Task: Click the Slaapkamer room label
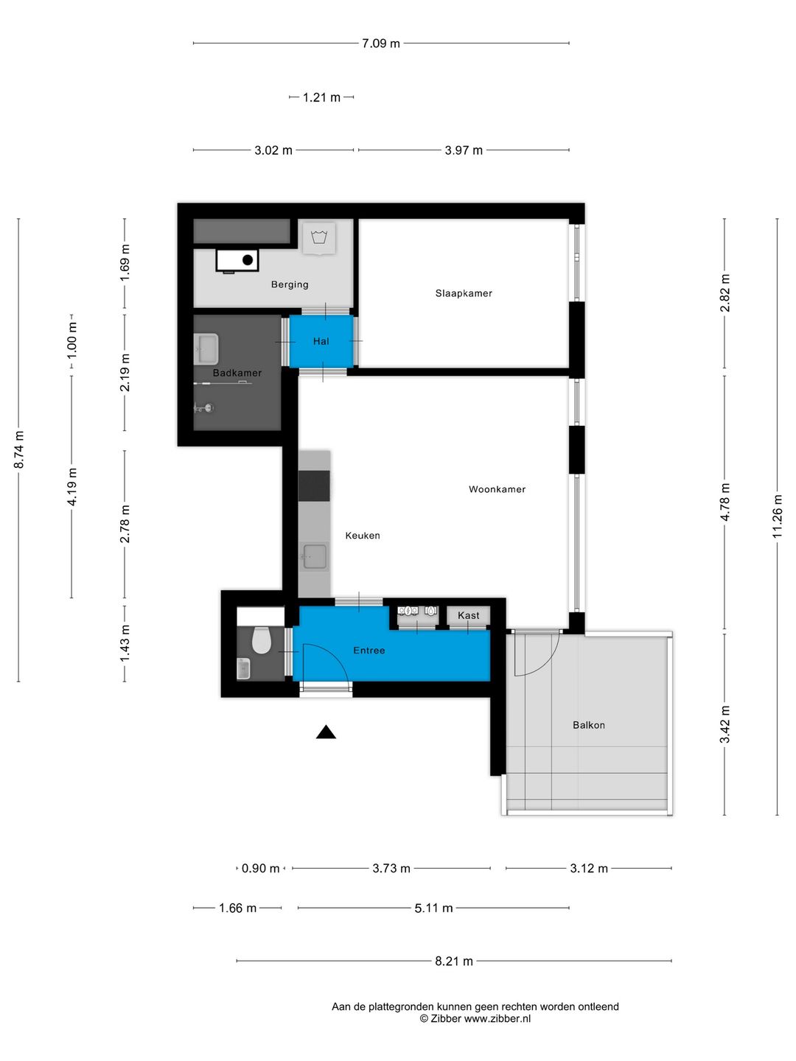464,293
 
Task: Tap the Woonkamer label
497,489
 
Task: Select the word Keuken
363,536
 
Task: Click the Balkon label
588,725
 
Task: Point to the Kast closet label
468,615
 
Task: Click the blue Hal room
321,341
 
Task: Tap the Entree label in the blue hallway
369,651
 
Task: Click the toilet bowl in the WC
262,640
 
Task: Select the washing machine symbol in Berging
319,238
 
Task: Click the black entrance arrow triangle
326,732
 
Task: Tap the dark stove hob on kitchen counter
314,486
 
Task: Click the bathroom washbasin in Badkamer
206,349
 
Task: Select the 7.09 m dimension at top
380,43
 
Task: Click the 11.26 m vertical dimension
778,516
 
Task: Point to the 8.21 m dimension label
453,961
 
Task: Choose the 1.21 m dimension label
321,97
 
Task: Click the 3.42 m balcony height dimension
725,724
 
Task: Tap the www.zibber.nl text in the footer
497,1019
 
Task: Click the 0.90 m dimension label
260,869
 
